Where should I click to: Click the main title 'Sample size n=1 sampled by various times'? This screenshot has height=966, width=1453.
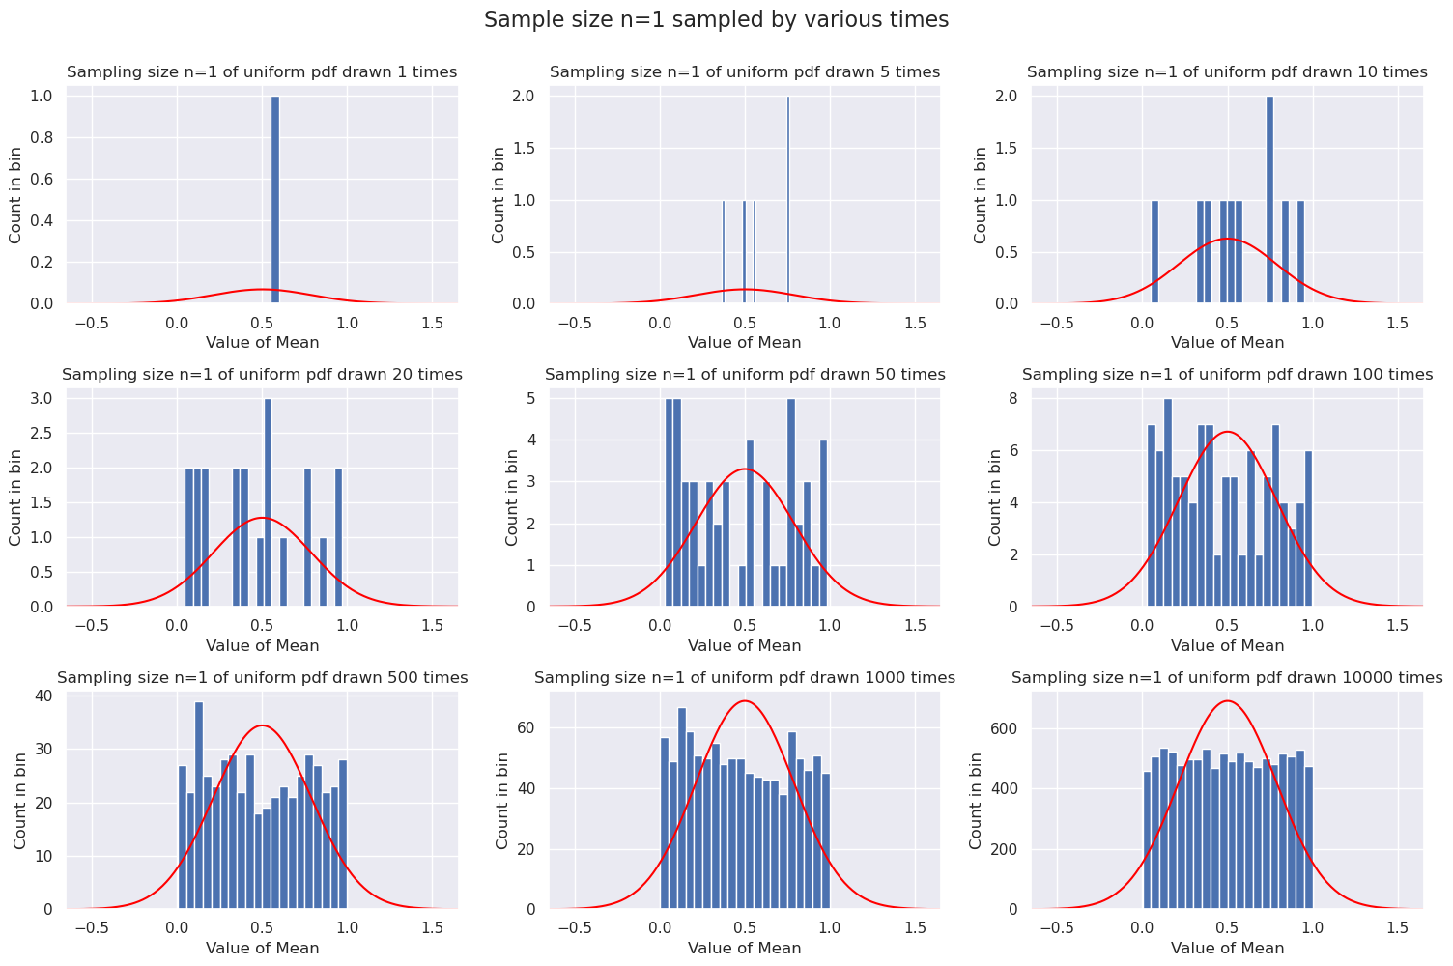(x=716, y=20)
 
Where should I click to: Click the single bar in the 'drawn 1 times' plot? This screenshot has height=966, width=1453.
(x=275, y=200)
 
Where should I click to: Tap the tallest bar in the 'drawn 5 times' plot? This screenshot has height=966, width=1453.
(x=788, y=200)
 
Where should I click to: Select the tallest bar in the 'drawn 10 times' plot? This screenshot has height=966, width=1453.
(x=1269, y=200)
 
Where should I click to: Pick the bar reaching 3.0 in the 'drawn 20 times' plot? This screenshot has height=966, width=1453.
(x=268, y=502)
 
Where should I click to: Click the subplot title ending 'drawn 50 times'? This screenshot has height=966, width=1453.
(x=745, y=375)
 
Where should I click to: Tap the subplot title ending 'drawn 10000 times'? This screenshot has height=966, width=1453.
(x=1227, y=678)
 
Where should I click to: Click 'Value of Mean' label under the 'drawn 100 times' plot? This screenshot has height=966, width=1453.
(x=1227, y=645)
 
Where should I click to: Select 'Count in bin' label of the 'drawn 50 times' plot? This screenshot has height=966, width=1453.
(x=512, y=497)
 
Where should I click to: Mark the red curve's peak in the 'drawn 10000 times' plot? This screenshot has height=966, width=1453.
(x=1227, y=701)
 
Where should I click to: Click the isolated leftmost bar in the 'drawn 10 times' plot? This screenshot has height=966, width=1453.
(x=1154, y=252)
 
